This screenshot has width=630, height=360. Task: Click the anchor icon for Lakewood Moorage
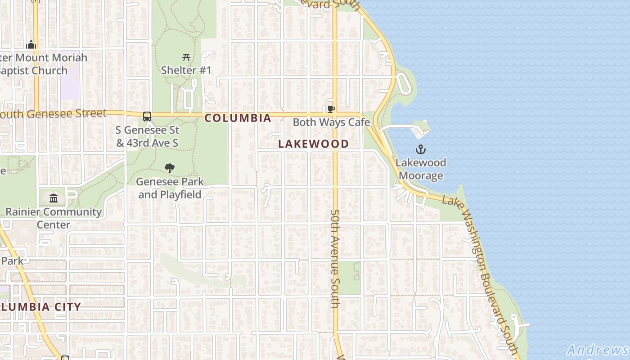pyautogui.click(x=421, y=149)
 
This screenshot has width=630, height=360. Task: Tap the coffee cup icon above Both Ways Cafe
pyautogui.click(x=331, y=109)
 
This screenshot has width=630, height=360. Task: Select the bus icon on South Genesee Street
pyautogui.click(x=147, y=117)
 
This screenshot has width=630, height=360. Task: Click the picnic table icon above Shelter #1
pyautogui.click(x=186, y=57)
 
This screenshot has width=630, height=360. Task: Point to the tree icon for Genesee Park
pyautogui.click(x=170, y=168)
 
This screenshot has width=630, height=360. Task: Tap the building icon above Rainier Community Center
pyautogui.click(x=54, y=198)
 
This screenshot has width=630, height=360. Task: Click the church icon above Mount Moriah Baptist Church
pyautogui.click(x=31, y=45)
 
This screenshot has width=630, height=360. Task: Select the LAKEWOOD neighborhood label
pyautogui.click(x=313, y=144)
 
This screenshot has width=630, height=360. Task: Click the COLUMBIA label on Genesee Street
pyautogui.click(x=238, y=118)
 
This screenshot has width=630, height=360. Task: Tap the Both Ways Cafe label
pyautogui.click(x=331, y=122)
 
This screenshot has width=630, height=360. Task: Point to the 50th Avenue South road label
pyautogui.click(x=335, y=259)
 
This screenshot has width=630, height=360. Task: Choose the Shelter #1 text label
pyautogui.click(x=186, y=70)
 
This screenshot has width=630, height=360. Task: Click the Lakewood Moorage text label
pyautogui.click(x=421, y=169)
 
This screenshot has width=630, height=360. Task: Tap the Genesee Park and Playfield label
pyautogui.click(x=170, y=188)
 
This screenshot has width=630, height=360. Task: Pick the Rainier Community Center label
pyautogui.click(x=54, y=218)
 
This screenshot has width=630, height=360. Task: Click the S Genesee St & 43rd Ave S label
pyautogui.click(x=148, y=136)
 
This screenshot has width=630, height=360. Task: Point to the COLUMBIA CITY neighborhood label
pyautogui.click(x=40, y=307)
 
